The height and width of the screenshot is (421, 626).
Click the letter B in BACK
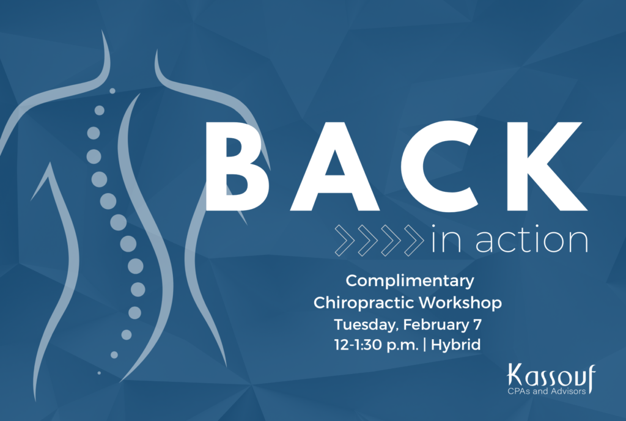point(234,166)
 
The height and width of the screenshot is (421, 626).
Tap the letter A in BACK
point(334,166)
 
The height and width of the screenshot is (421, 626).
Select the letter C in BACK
point(439,166)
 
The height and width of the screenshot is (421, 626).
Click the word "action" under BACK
point(532,239)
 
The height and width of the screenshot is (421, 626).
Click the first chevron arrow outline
point(345,240)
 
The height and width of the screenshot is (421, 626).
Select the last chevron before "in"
point(414,240)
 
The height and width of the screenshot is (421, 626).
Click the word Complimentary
point(410,281)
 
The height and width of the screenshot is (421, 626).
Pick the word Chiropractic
point(363,302)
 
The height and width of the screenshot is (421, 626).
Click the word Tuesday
point(366,324)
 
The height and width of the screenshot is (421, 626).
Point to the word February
point(436,324)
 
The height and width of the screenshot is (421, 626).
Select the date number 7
point(477,324)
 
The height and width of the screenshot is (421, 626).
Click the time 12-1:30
point(358,345)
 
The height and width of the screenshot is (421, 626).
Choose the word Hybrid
point(456,345)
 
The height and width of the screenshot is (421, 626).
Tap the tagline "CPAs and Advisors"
point(547,391)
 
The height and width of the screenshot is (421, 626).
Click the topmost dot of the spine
point(112,91)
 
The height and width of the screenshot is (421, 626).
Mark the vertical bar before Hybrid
point(424,345)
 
